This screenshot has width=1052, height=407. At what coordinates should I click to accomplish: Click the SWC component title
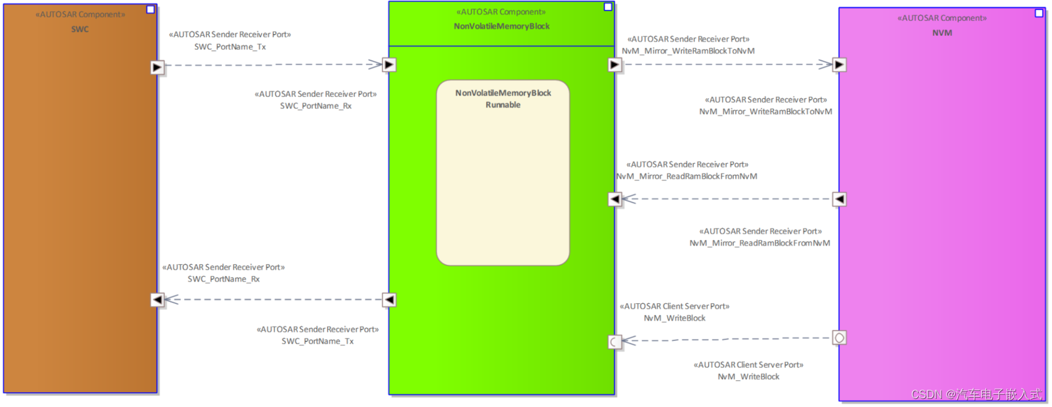(80, 29)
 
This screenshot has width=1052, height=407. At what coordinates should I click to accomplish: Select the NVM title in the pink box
(942, 33)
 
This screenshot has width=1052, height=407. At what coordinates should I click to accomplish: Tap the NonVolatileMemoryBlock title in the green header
(502, 26)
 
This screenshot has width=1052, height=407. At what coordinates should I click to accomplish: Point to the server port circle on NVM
(839, 338)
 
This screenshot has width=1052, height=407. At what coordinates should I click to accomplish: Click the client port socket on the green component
(615, 341)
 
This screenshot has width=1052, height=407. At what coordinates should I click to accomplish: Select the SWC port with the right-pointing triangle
(158, 67)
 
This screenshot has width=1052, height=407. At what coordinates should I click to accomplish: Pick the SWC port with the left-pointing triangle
(158, 300)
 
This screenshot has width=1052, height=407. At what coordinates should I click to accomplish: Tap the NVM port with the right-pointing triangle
(839, 64)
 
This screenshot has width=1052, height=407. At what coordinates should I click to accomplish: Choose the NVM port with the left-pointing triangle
(839, 199)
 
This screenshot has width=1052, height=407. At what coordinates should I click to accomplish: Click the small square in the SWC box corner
(150, 9)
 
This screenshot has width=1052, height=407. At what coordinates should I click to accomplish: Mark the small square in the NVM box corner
(1039, 13)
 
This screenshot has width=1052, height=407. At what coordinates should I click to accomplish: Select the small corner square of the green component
(608, 7)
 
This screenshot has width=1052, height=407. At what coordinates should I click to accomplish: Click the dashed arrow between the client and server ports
(729, 339)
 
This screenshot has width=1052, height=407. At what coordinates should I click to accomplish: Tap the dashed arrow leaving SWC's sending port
(272, 64)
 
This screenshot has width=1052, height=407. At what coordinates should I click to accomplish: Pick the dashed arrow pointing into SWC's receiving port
(272, 300)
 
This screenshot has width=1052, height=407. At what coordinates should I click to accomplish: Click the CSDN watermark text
(976, 394)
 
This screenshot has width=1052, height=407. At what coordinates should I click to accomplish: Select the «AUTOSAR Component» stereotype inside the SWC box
(80, 14)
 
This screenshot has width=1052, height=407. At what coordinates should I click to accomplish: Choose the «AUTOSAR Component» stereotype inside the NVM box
(942, 18)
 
